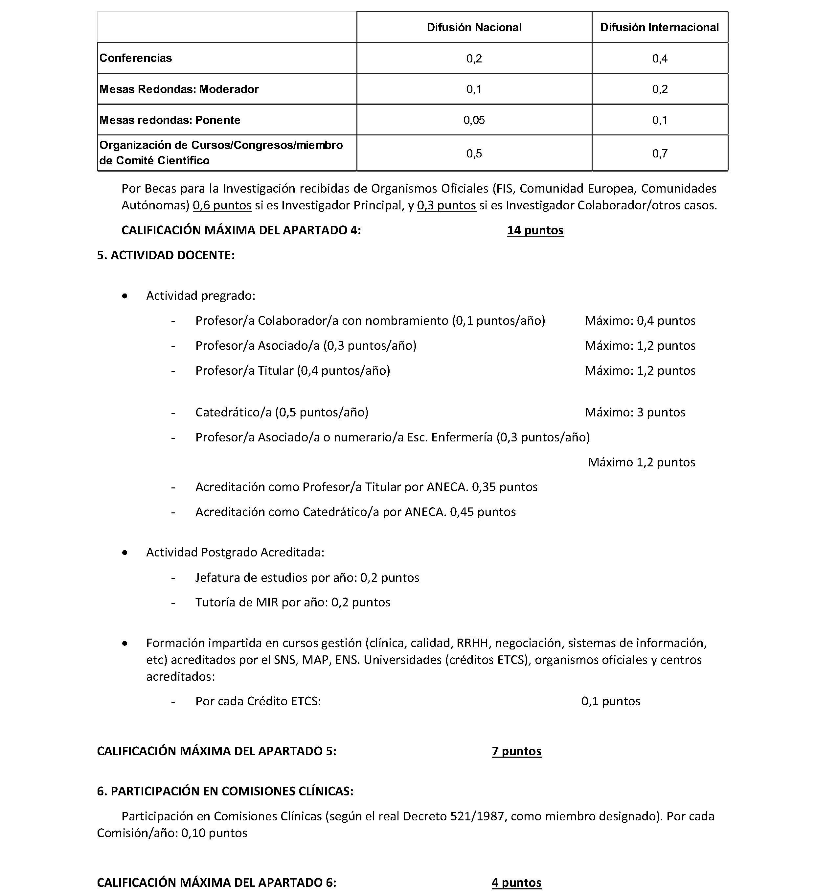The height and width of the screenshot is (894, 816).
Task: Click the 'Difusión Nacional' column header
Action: (474, 28)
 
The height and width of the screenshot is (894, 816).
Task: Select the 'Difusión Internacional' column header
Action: (659, 28)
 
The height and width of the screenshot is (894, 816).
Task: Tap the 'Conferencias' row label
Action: (136, 58)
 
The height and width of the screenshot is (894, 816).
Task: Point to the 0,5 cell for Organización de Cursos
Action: (474, 154)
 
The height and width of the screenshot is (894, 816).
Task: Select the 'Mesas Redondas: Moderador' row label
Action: (179, 89)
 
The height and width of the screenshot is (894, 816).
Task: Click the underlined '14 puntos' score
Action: (535, 230)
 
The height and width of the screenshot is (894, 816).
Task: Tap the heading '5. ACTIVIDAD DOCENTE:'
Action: (166, 255)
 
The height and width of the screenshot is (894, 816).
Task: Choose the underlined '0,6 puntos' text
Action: (222, 205)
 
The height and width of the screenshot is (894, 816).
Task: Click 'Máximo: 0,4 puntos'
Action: (640, 320)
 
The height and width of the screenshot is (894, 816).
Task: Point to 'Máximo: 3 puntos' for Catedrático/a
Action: (635, 412)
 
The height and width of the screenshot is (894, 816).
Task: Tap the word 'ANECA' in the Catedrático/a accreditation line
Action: (425, 512)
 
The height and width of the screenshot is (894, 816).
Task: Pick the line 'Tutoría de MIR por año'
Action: (293, 602)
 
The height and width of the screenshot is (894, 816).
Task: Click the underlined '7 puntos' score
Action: (516, 751)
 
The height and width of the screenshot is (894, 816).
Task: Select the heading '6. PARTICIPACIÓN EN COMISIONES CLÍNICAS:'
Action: (225, 791)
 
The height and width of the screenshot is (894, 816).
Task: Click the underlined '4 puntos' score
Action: (516, 882)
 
